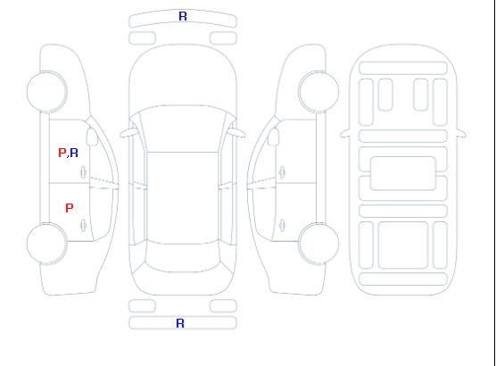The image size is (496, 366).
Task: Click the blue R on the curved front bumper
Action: [183, 16]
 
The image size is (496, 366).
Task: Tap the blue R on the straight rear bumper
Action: [180, 323]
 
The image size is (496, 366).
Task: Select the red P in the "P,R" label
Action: [62, 153]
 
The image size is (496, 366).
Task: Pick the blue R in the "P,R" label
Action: [74, 153]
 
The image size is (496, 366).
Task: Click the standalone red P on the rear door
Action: [70, 208]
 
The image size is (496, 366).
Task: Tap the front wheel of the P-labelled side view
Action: [46, 92]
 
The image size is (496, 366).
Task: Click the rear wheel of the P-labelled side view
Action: [46, 244]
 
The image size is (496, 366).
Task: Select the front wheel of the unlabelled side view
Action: [318, 92]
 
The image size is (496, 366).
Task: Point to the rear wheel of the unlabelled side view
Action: [318, 244]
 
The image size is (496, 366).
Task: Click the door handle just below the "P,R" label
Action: [84, 172]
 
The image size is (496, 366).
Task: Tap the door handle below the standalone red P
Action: [84, 225]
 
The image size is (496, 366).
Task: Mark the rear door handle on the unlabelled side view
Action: [282, 225]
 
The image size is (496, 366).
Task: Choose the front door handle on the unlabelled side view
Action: [282, 172]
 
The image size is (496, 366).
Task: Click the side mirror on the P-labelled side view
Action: [92, 137]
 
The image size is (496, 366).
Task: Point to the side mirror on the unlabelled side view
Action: [274, 137]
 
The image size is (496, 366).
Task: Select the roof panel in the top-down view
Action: [183, 198]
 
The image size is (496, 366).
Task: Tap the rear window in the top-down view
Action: [183, 257]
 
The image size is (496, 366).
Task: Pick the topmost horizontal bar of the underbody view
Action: [403, 68]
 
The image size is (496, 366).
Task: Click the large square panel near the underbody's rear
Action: [403, 245]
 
